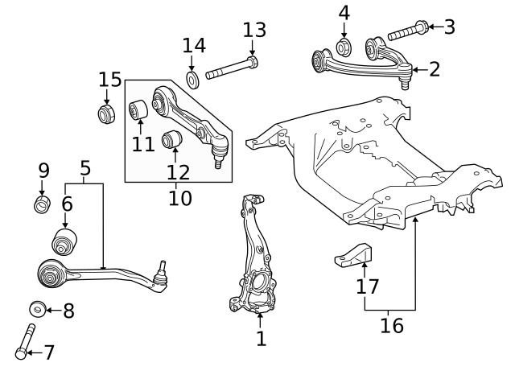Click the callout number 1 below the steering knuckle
coord(261,339)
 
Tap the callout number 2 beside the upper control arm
coord(435,69)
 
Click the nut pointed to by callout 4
coord(344,46)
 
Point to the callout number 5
coord(84,168)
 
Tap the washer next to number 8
coord(36,309)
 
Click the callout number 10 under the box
coord(180,198)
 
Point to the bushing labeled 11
coord(138,109)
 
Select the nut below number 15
coord(106,113)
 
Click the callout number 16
coord(392,326)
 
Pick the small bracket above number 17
coord(354,255)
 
